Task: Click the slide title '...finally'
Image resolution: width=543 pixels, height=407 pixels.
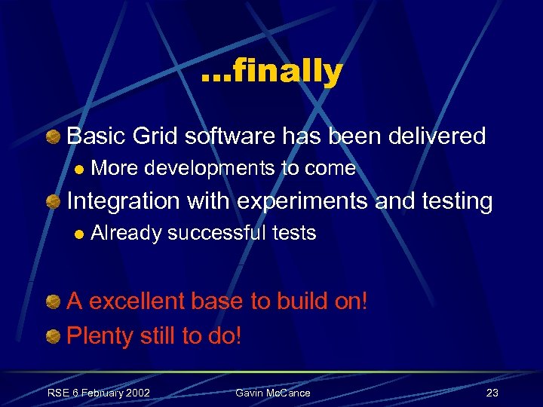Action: [272, 72]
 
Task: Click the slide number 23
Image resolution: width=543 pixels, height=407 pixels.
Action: [492, 393]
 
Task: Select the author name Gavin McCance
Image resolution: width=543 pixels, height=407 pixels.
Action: [272, 393]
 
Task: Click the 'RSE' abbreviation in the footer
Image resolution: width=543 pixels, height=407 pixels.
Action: [57, 393]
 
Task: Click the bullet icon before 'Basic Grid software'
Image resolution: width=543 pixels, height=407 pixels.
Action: [54, 137]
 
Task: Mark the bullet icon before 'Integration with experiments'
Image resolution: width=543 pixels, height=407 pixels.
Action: [54, 202]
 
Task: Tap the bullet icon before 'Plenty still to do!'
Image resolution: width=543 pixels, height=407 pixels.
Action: [54, 336]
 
